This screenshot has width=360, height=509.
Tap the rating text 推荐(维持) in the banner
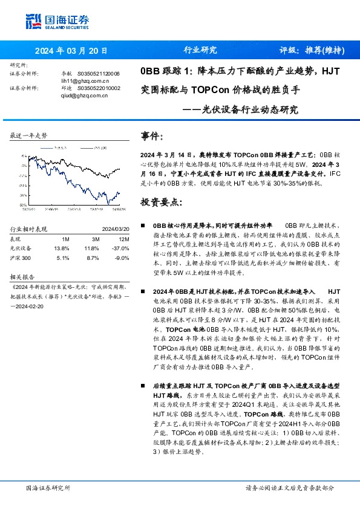click(321, 51)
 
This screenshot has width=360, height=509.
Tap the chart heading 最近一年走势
click(28, 135)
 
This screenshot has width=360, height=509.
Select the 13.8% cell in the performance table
click(61, 248)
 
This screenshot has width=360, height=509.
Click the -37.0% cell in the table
click(122, 248)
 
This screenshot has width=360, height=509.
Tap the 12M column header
click(121, 238)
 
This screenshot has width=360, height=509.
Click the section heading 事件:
click(151, 137)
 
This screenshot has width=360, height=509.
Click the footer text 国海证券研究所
click(48, 487)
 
